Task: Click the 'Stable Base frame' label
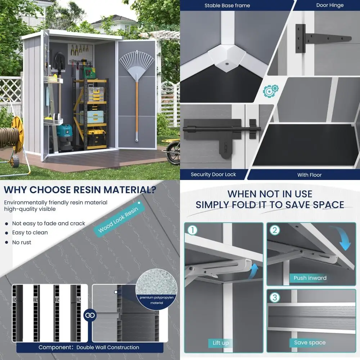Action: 227,5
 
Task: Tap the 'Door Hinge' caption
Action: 330,5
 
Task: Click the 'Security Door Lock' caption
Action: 213,175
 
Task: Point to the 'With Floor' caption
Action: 309,175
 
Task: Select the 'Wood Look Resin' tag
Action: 118,220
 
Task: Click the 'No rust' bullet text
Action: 22,242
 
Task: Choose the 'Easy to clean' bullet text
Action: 30,233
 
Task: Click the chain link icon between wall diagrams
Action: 90,315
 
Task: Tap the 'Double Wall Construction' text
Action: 108,347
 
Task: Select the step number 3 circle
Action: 275,297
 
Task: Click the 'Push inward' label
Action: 310,278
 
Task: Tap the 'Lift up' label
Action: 220,343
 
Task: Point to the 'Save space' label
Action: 309,343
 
